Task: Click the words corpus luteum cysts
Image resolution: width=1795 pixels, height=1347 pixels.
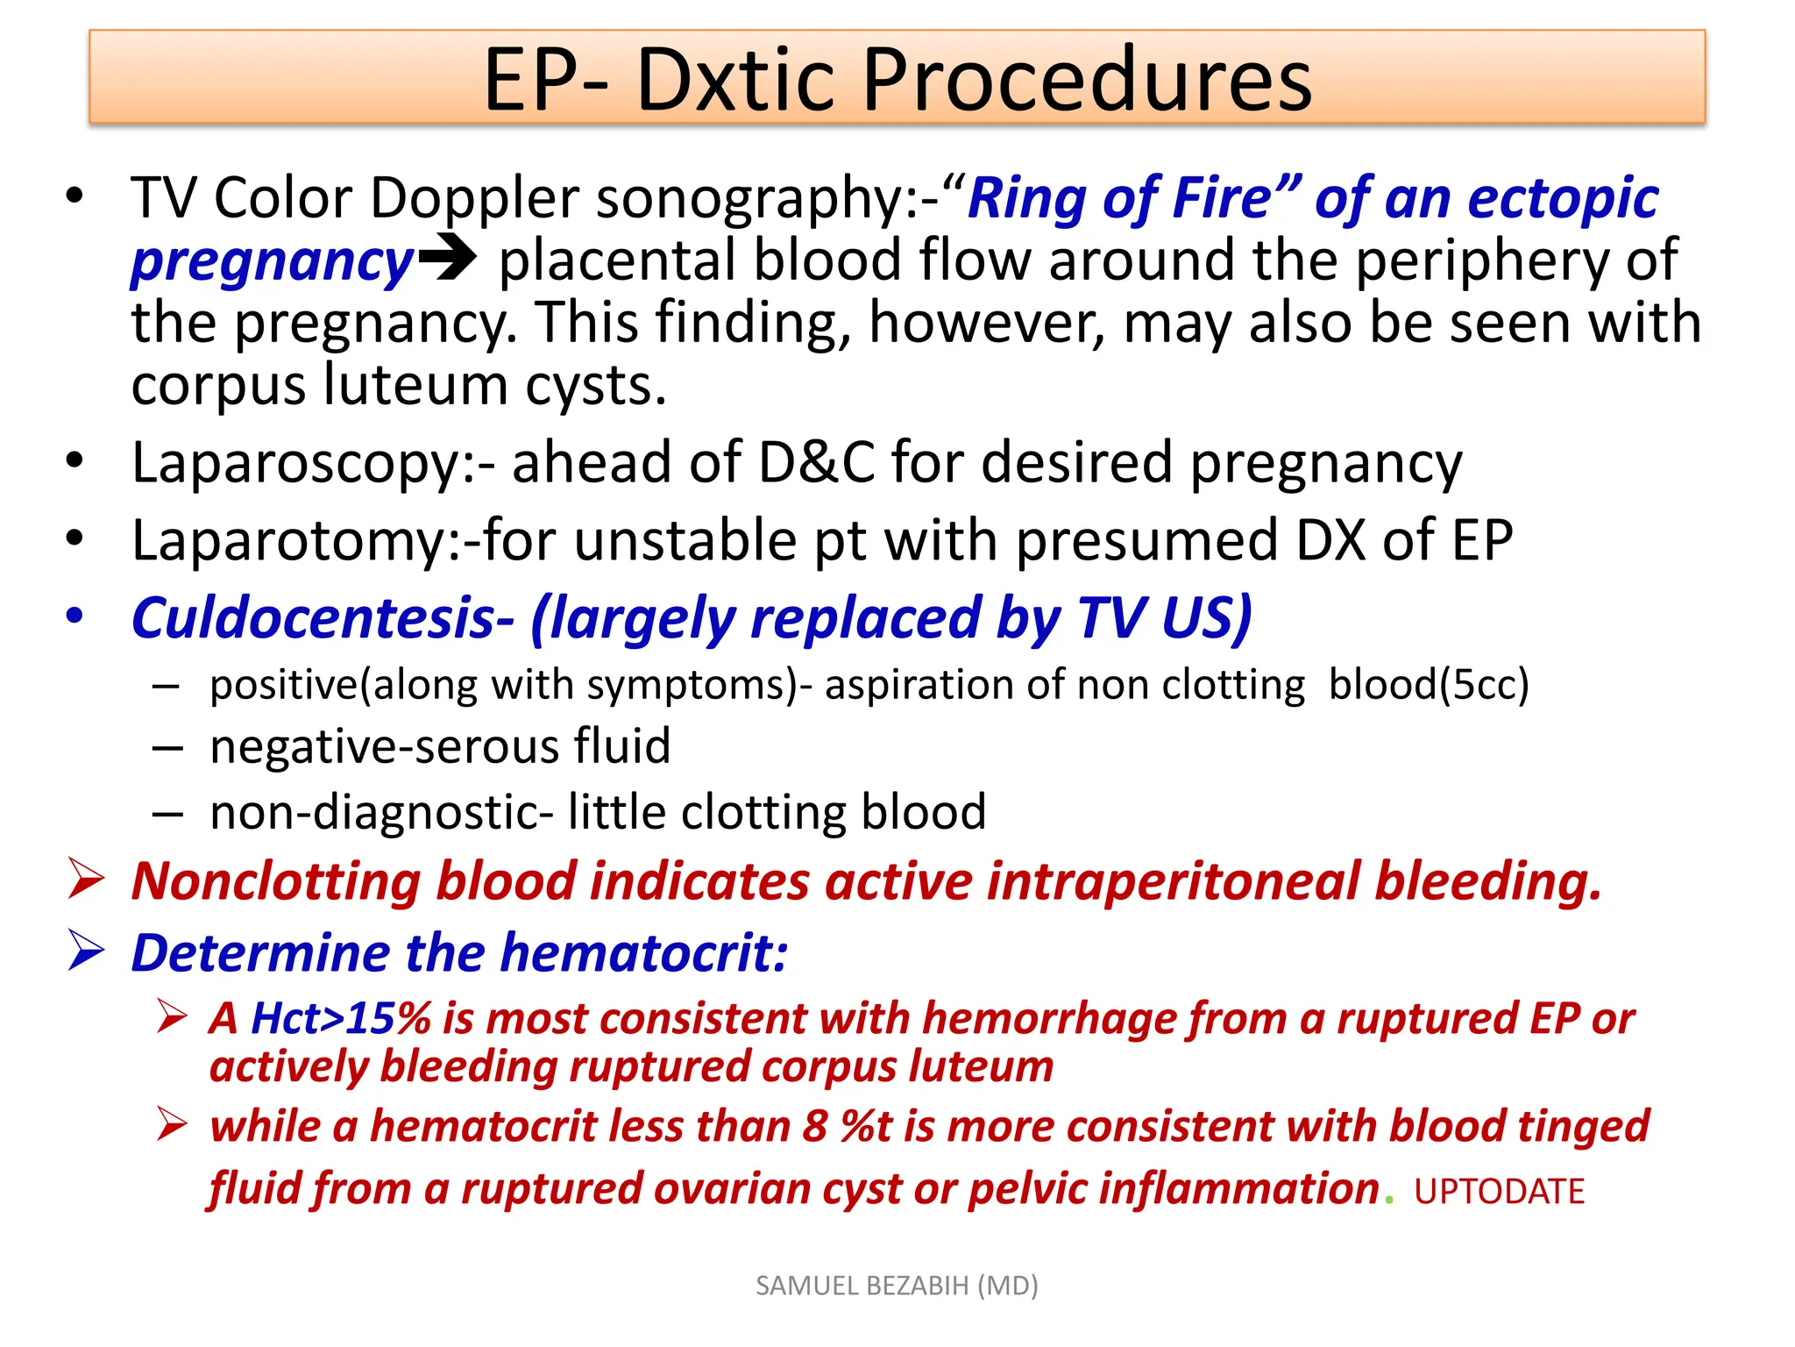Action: click(399, 386)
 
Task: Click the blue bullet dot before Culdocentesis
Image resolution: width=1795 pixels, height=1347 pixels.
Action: click(75, 616)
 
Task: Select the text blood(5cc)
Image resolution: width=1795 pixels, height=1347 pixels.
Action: click(1428, 685)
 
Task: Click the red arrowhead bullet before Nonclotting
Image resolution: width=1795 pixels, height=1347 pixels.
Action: click(86, 880)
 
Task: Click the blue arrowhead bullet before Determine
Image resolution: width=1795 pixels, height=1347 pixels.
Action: click(86, 951)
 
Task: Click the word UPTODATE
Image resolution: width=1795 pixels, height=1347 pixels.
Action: click(1499, 1192)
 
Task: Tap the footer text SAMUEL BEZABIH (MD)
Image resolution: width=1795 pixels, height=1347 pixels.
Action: click(897, 1286)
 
